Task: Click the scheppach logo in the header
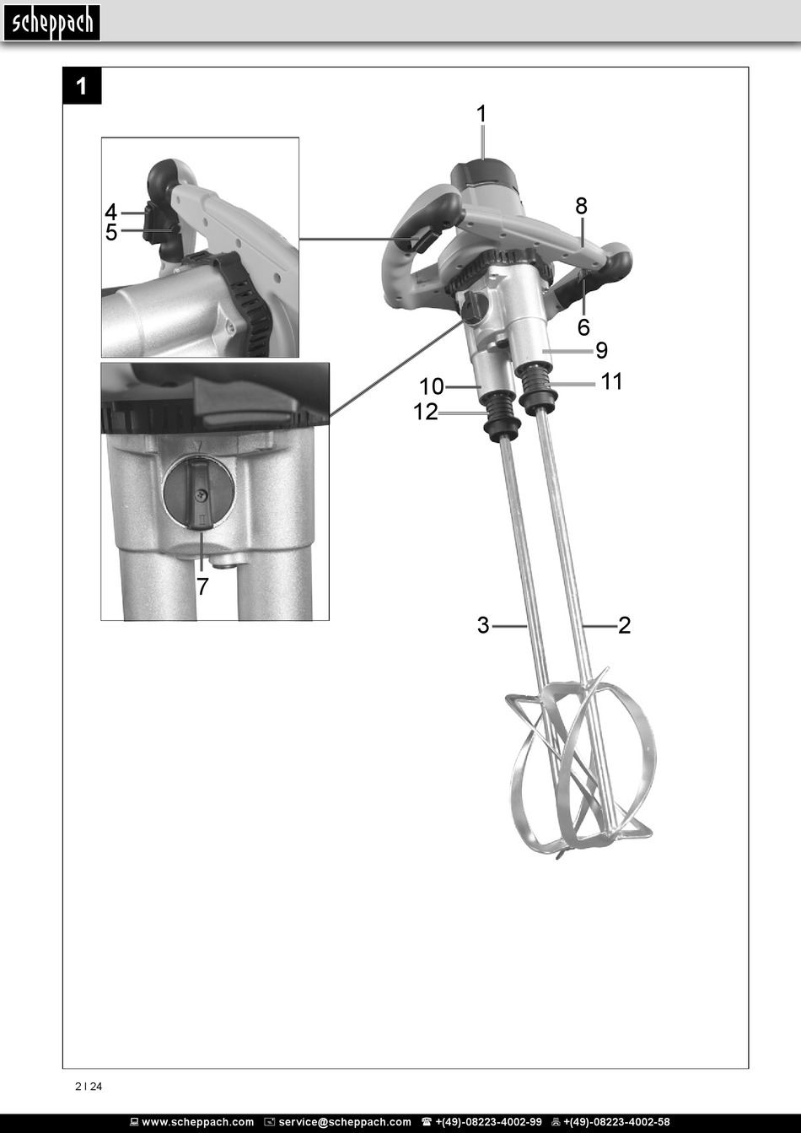coord(51,23)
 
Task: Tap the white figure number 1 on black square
coord(81,87)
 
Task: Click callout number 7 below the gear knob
coord(202,586)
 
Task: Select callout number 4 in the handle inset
coord(111,212)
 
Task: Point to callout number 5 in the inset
coord(111,232)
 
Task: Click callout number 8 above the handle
coord(581,206)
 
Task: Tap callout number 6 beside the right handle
coord(583,327)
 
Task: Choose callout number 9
coord(601,350)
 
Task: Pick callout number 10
coord(432,387)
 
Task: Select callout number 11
coord(611,381)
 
